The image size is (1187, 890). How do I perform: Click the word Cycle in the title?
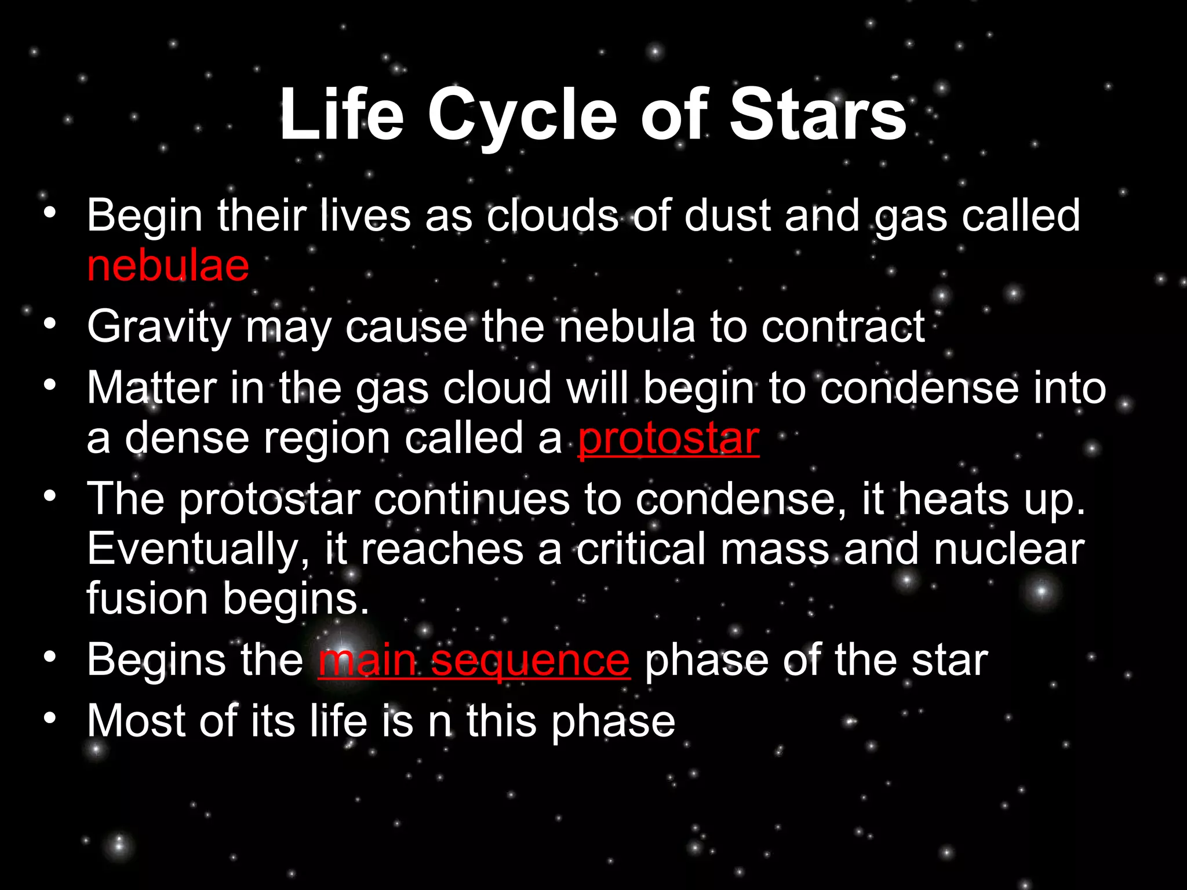(523, 116)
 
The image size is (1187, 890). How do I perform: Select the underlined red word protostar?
(668, 438)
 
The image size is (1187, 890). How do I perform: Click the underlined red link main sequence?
(474, 661)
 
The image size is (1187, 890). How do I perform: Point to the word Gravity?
(159, 327)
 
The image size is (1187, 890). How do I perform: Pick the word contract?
(843, 327)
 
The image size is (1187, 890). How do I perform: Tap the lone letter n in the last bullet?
(440, 722)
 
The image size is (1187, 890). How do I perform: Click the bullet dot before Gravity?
(50, 323)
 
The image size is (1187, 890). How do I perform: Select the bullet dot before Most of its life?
(50, 717)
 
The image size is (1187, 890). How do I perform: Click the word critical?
(641, 549)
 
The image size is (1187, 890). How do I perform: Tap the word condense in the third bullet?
(919, 388)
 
